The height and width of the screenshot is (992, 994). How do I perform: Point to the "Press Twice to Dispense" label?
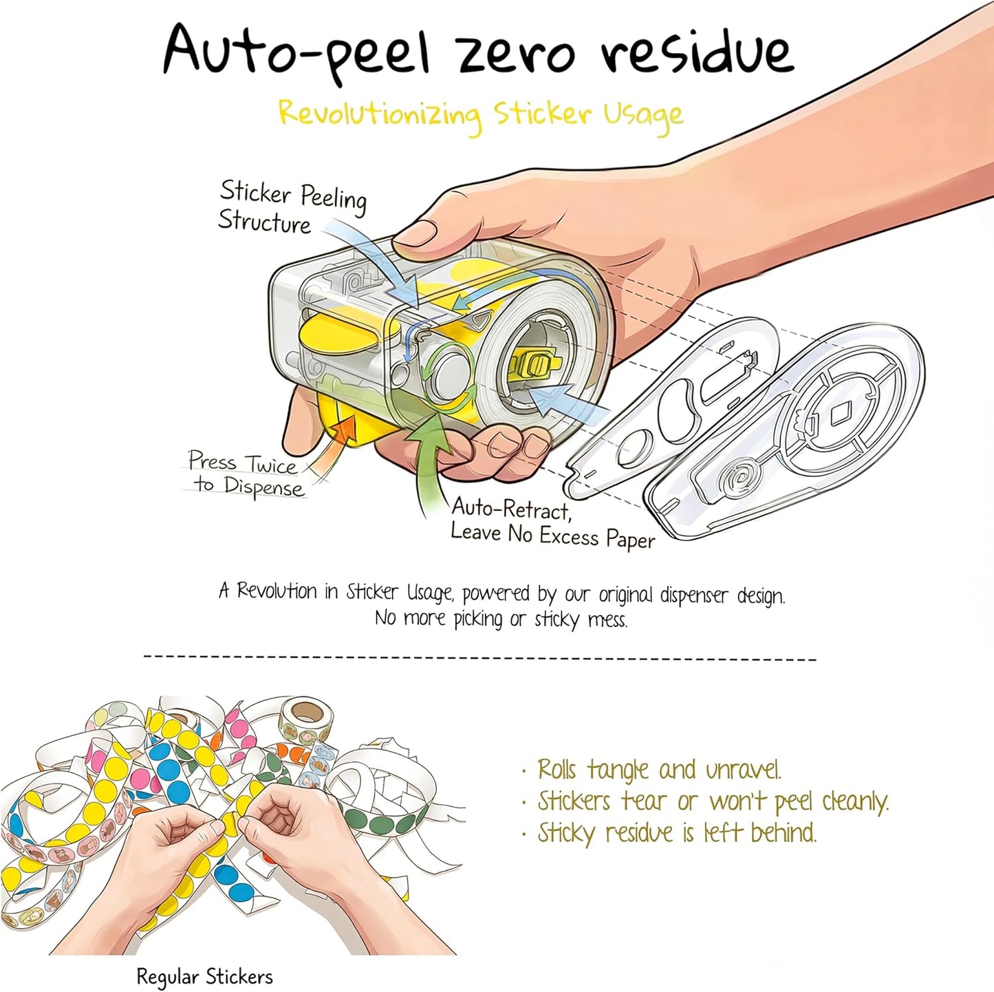[246, 474]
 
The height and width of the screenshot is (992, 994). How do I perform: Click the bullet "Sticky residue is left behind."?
[669, 834]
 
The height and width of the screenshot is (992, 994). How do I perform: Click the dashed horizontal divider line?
[479, 657]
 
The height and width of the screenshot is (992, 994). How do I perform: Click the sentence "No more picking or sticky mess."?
[501, 619]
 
